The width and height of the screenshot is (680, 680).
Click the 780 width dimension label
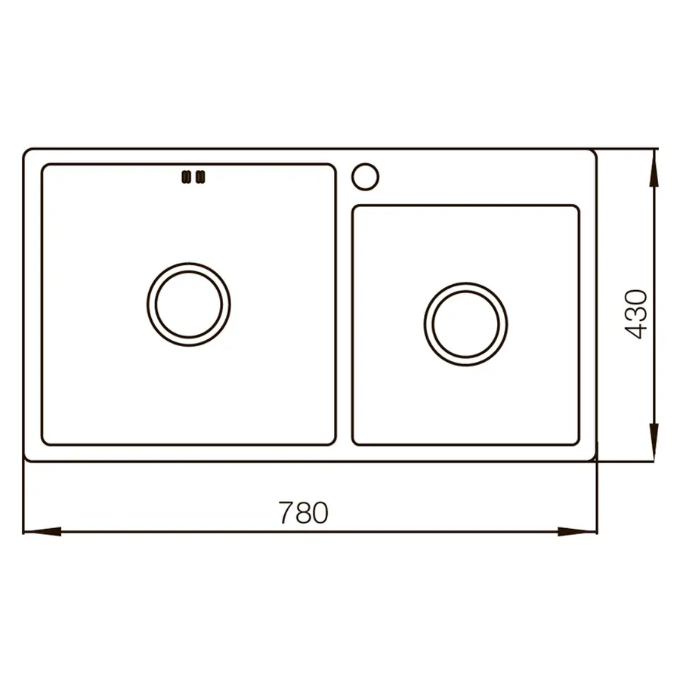click(x=303, y=513)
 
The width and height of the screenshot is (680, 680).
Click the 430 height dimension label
click(x=636, y=313)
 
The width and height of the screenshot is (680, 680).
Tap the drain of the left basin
click(x=188, y=304)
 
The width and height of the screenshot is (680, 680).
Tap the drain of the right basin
click(x=465, y=324)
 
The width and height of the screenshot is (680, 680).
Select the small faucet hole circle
click(x=364, y=175)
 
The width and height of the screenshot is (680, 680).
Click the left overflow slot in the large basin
click(x=184, y=178)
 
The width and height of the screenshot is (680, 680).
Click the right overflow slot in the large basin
click(x=200, y=178)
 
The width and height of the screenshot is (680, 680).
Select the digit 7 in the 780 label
click(x=285, y=513)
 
